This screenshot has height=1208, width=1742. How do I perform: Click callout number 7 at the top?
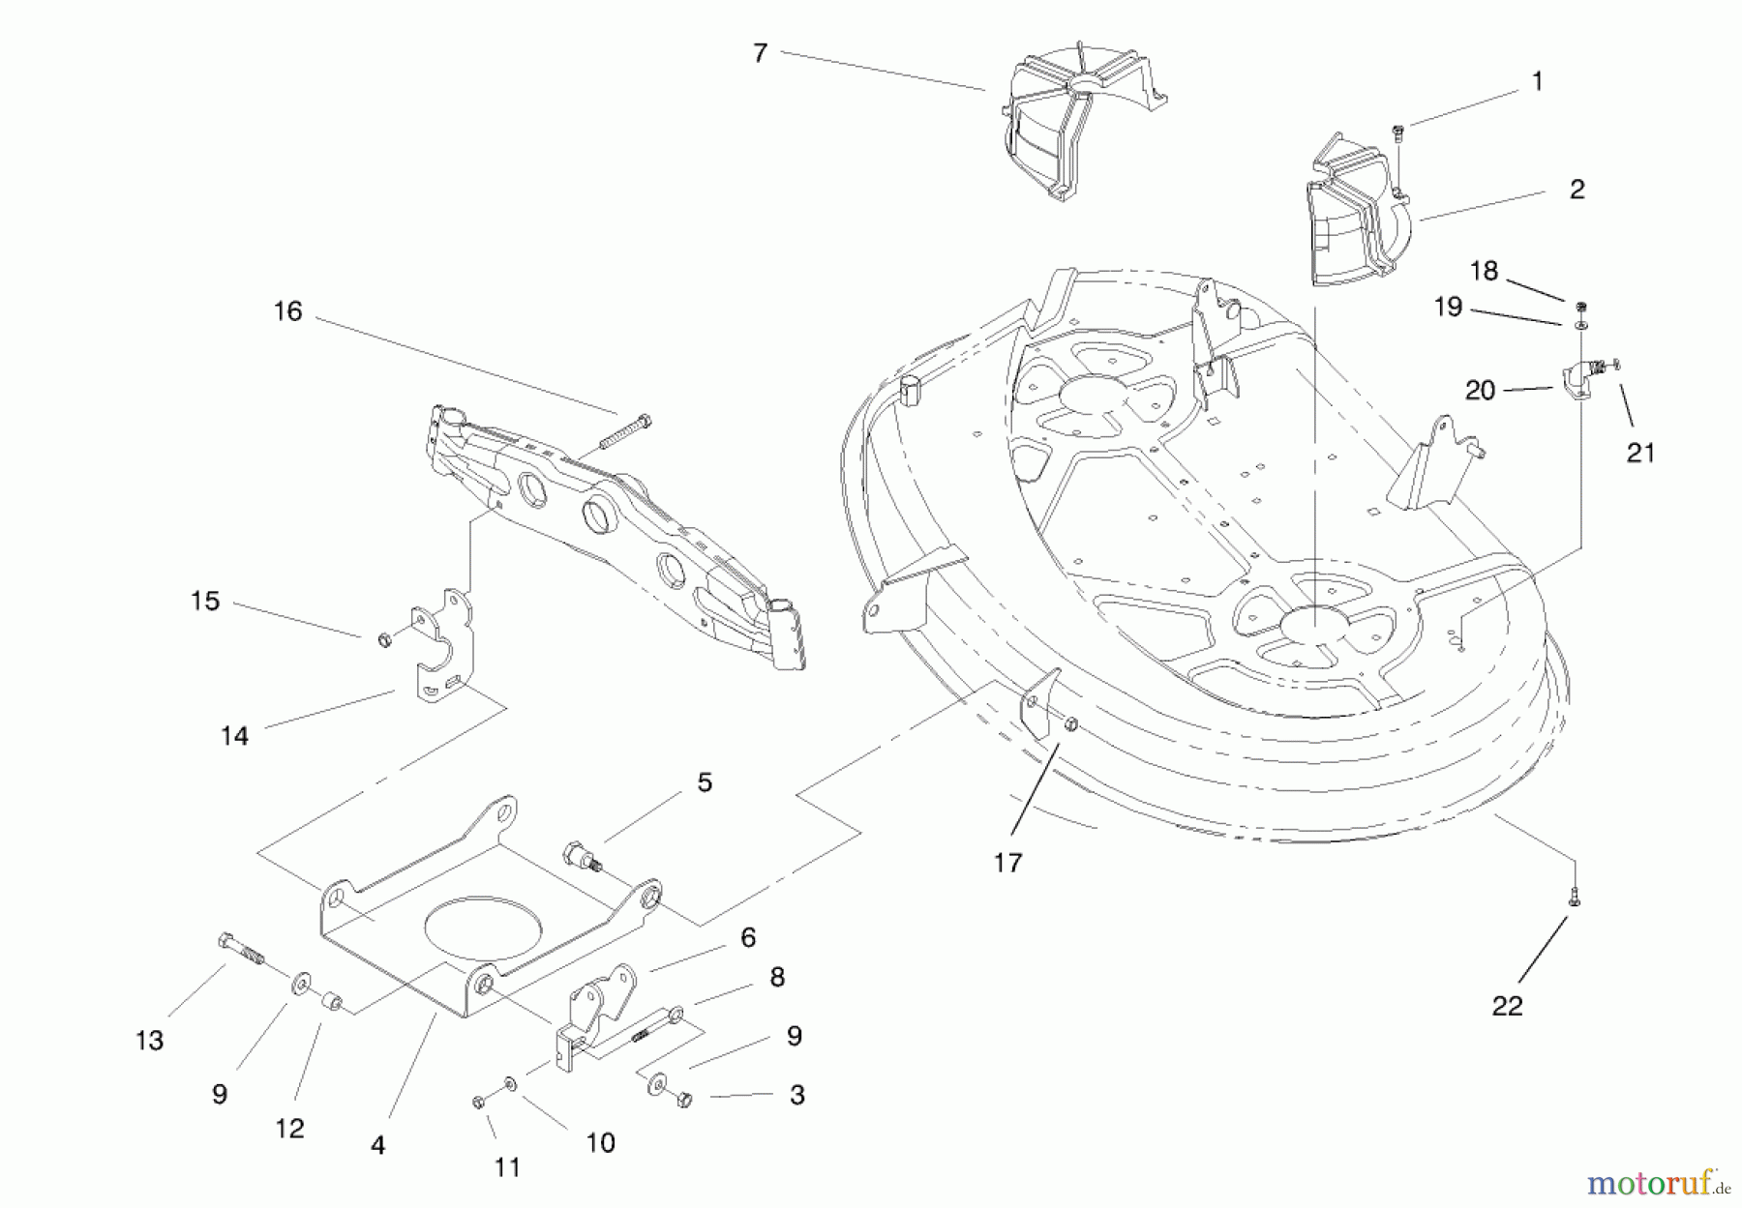click(760, 53)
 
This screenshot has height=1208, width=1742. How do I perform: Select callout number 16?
click(287, 311)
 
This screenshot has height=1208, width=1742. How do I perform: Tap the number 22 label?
click(1507, 1007)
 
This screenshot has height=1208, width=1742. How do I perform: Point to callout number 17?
click(1007, 863)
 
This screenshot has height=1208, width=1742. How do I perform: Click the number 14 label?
click(234, 736)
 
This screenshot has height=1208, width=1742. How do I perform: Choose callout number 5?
click(705, 782)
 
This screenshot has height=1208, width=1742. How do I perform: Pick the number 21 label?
click(1640, 453)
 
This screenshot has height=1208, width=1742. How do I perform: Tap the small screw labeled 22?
click(1575, 897)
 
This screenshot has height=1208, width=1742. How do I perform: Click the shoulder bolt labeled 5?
click(581, 857)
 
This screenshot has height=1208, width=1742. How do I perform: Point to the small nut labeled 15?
click(384, 639)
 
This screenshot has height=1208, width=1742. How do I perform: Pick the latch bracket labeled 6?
click(600, 1005)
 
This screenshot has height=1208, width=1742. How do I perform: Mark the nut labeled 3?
click(684, 1099)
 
